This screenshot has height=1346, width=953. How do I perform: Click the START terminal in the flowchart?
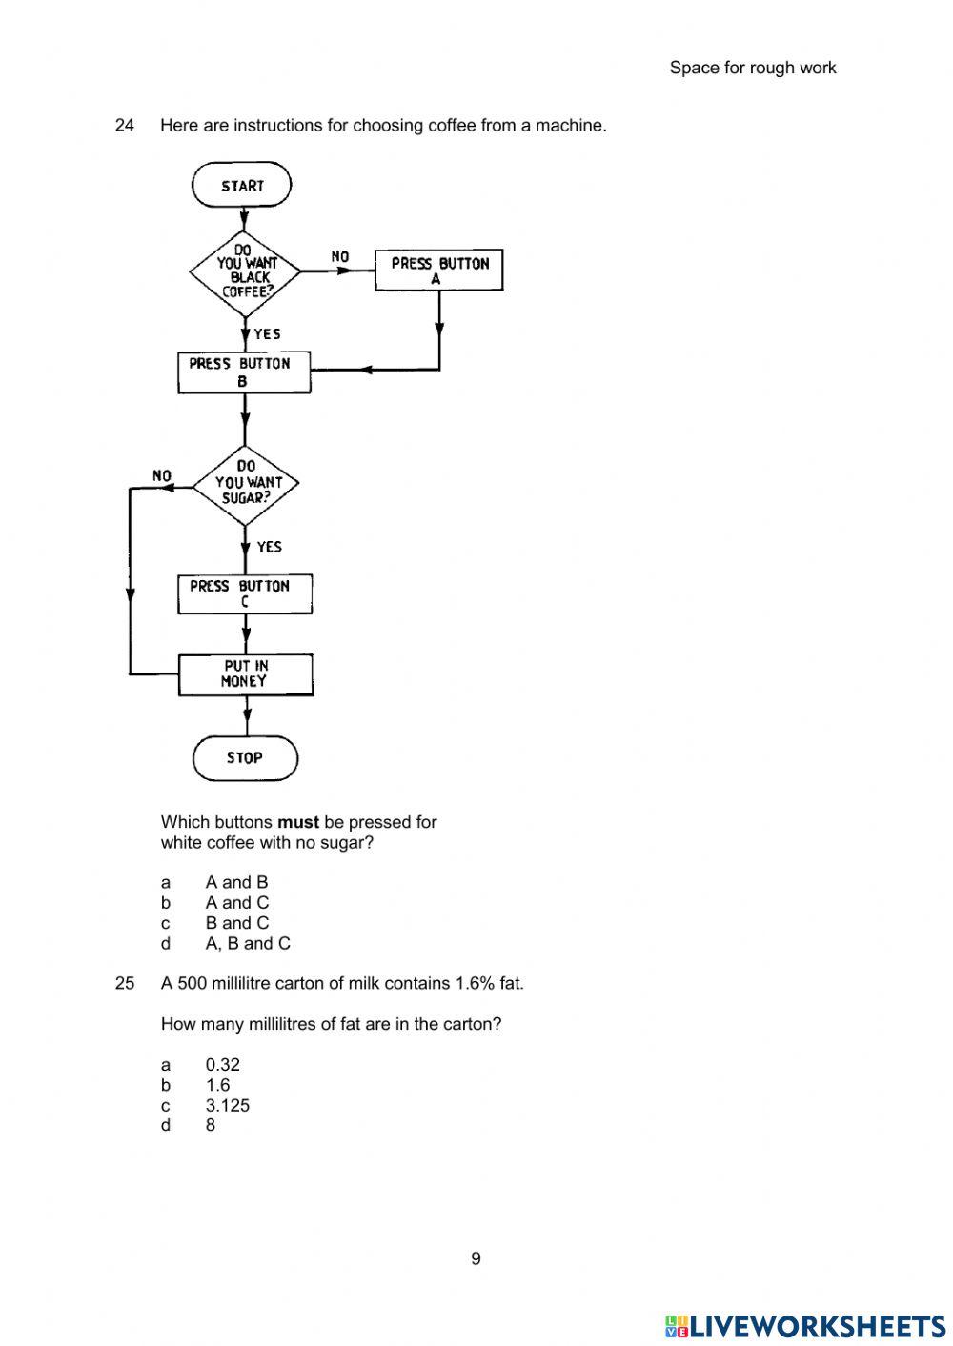tap(242, 186)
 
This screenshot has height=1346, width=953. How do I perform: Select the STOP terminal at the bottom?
tap(245, 758)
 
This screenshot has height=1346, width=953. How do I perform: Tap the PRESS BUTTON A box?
tap(438, 271)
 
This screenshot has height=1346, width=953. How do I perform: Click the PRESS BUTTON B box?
tap(244, 372)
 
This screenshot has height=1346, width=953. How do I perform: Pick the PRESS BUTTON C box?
tap(245, 594)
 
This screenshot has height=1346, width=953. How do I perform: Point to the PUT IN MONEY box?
tap(245, 674)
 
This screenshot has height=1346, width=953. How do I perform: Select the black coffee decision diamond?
tap(246, 271)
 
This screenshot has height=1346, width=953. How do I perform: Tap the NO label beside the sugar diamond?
tap(162, 475)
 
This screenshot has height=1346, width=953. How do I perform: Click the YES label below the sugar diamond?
tap(270, 547)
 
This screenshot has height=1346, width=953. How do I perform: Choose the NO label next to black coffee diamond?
tap(340, 256)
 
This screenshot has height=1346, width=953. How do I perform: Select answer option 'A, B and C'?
tap(248, 944)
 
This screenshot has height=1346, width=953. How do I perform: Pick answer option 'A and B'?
tap(236, 883)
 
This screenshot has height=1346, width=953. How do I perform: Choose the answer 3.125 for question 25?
tap(228, 1106)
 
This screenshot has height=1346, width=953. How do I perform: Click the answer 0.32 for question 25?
tap(223, 1065)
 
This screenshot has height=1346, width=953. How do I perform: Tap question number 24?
tap(125, 125)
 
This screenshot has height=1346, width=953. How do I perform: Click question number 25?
tap(125, 983)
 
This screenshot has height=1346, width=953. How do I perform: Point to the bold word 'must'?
tap(298, 822)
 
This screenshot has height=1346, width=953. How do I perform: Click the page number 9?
tap(476, 1259)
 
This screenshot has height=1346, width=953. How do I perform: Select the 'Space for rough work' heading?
tap(753, 68)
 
